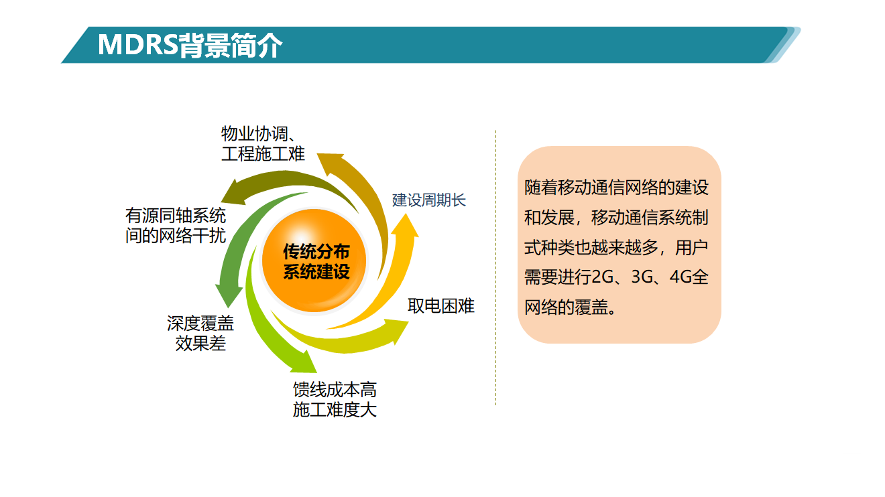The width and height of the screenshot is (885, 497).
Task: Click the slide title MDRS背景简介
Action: click(x=190, y=45)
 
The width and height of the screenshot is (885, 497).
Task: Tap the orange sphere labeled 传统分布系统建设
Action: click(x=314, y=261)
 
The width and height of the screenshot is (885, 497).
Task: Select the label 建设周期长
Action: click(x=428, y=200)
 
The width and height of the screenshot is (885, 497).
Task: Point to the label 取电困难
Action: click(x=441, y=306)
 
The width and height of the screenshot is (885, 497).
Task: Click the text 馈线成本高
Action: click(x=335, y=390)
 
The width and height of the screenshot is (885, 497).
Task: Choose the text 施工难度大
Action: click(x=335, y=409)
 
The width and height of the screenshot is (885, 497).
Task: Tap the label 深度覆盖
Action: click(x=200, y=324)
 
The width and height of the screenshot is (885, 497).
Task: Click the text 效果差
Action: click(x=200, y=343)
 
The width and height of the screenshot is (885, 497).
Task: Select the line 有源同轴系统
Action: click(x=176, y=216)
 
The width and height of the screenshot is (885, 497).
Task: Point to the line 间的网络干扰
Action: click(x=176, y=236)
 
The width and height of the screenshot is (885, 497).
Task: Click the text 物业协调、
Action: click(x=259, y=133)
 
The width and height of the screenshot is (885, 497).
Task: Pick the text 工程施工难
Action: click(x=263, y=153)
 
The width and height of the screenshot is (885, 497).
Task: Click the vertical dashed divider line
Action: click(x=496, y=268)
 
